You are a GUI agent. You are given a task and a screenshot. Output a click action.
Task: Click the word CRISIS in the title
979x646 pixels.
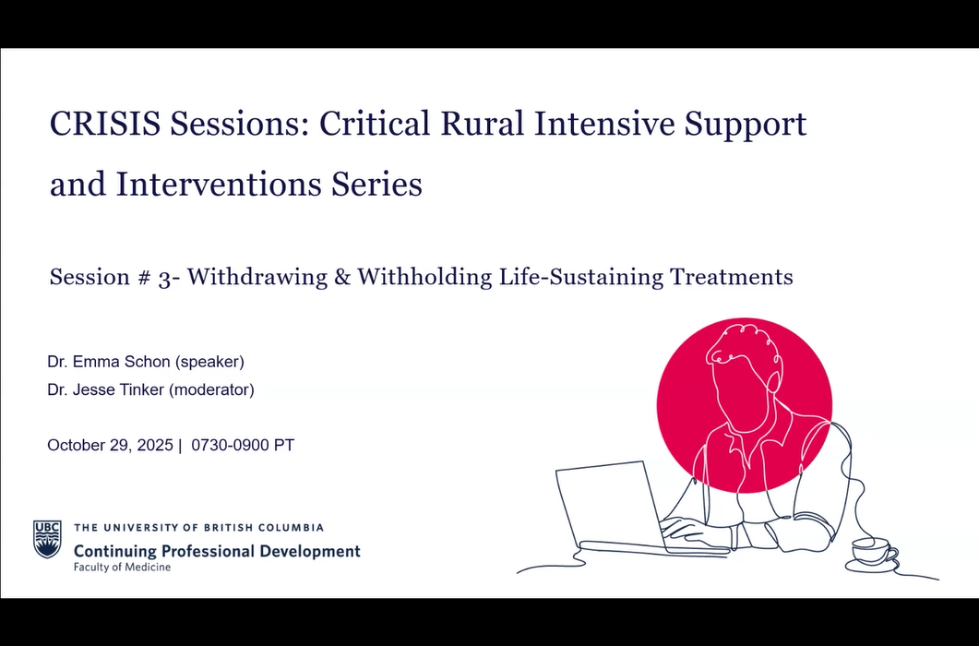[x=105, y=123]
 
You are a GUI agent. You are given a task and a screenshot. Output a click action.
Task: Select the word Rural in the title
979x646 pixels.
[x=482, y=123]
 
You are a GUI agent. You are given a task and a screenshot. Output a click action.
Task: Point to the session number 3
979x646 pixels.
[x=164, y=278]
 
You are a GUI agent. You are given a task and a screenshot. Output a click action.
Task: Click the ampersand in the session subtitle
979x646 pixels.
[x=342, y=277]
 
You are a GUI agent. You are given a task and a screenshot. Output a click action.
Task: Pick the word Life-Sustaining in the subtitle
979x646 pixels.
[x=580, y=277]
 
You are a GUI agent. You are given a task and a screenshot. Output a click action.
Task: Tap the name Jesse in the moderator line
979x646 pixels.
[x=92, y=389]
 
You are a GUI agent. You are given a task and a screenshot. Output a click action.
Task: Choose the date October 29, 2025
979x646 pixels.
[x=110, y=446]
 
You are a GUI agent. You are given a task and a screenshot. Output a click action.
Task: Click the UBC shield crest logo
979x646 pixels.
[x=47, y=539]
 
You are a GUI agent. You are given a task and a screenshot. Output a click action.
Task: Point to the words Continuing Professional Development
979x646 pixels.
[x=217, y=551]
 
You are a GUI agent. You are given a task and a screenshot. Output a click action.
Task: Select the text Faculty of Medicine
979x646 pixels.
[x=123, y=568]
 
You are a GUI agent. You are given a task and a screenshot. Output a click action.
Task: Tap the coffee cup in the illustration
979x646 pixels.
[x=872, y=552]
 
